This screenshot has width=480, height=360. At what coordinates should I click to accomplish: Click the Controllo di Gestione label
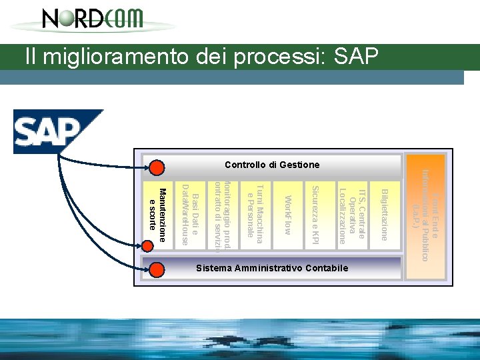[x=272, y=165]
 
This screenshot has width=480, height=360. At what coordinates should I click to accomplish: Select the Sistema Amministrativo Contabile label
[x=272, y=268]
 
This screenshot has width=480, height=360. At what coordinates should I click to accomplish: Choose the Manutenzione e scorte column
[x=157, y=211]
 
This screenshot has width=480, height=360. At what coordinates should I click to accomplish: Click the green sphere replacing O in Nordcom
[x=59, y=17]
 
